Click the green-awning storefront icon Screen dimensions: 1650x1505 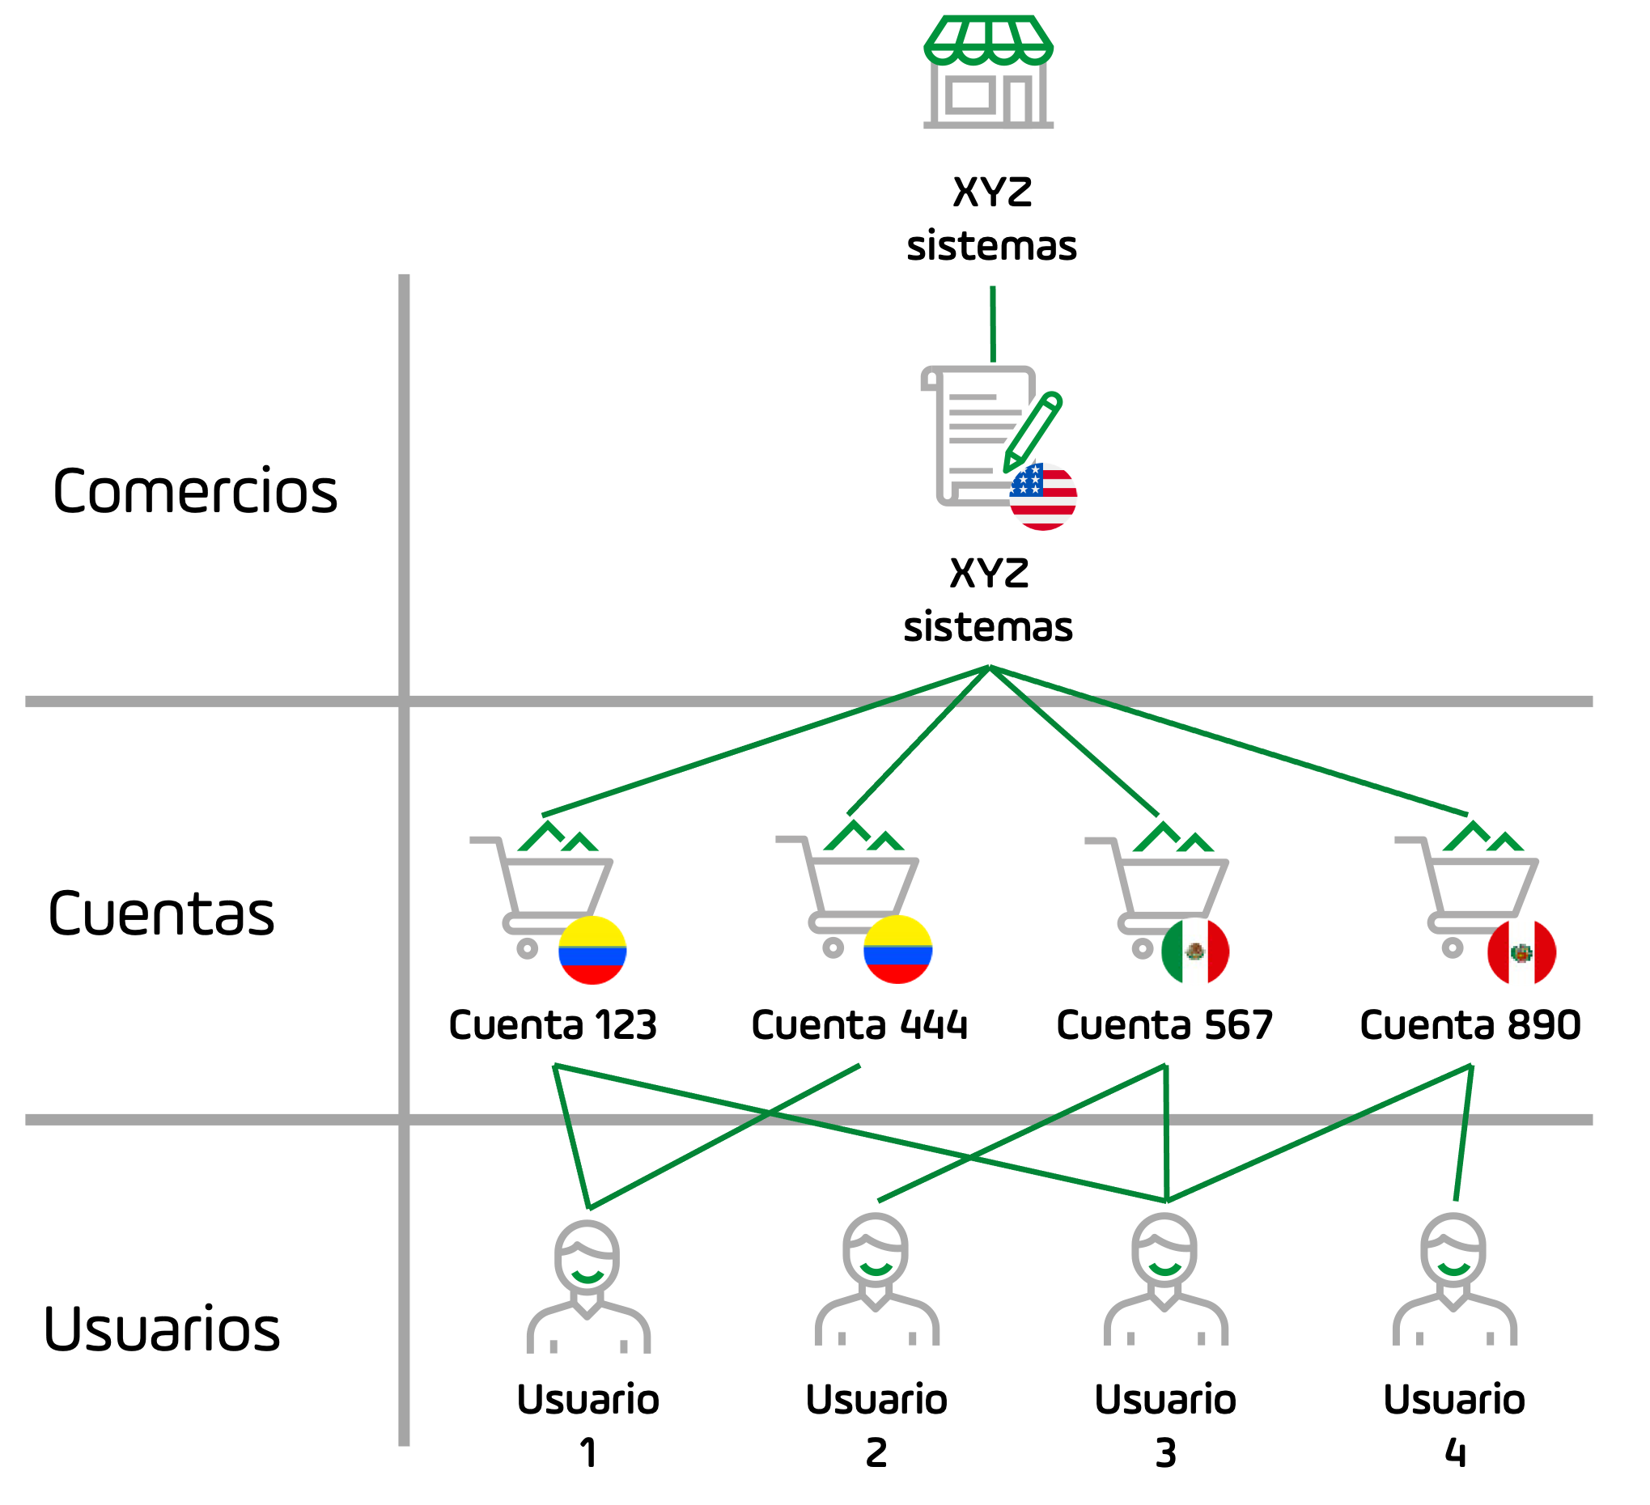coord(988,72)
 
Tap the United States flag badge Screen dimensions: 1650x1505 coord(1043,497)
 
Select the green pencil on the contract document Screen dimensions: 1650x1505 coord(1033,433)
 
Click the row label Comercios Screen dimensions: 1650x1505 coord(195,492)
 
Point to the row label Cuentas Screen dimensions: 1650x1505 coord(161,914)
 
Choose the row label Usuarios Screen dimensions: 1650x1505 coord(162,1330)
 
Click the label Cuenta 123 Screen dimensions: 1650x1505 coord(553,1025)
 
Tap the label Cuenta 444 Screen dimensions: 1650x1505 coord(859,1025)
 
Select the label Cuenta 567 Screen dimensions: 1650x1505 coord(1164,1025)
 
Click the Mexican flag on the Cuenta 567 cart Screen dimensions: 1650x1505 coord(1195,952)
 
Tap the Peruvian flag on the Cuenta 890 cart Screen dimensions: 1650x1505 coord(1521,952)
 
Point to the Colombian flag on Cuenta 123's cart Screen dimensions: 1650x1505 coord(592,951)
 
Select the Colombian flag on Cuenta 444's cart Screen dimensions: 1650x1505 coord(898,950)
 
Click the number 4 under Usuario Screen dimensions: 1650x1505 coord(1454,1453)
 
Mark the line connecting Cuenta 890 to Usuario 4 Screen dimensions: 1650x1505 coord(1463,1134)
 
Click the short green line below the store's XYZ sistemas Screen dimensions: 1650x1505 coord(993,324)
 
